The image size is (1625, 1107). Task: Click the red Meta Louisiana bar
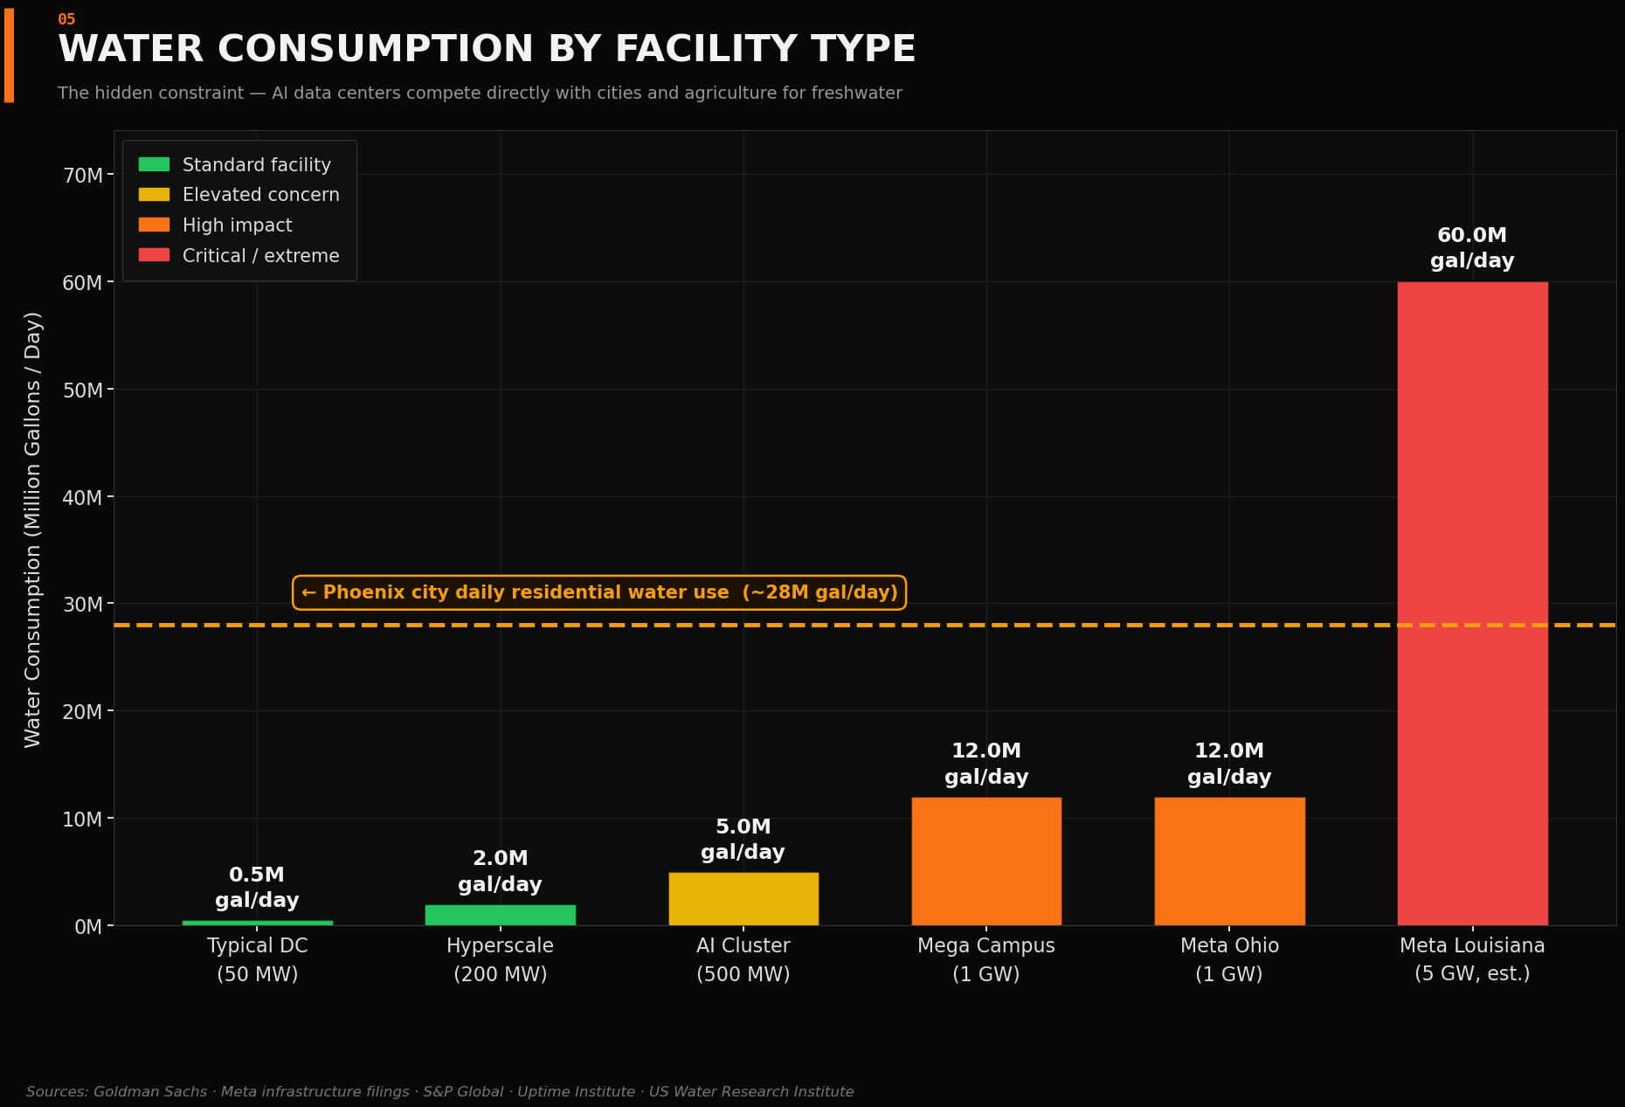[1472, 603]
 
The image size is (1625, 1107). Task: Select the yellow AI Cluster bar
[743, 899]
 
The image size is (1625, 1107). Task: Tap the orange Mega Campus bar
[986, 861]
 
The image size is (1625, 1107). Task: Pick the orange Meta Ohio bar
[1229, 861]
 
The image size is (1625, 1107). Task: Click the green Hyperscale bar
[501, 915]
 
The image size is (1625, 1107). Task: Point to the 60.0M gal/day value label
[1472, 248]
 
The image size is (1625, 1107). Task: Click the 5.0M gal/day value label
[743, 840]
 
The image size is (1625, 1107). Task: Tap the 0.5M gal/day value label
[257, 888]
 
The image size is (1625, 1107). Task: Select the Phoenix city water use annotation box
[599, 592]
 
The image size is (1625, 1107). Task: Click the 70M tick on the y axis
[84, 176]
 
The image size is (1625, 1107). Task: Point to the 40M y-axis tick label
[84, 498]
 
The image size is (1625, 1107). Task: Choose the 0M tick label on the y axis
[89, 927]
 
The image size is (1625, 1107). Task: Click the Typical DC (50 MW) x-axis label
[257, 959]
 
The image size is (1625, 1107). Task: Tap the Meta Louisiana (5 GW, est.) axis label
[1472, 959]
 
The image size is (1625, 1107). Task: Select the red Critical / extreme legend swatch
[154, 255]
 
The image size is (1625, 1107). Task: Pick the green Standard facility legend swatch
[154, 164]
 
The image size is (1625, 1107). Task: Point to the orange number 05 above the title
[66, 19]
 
